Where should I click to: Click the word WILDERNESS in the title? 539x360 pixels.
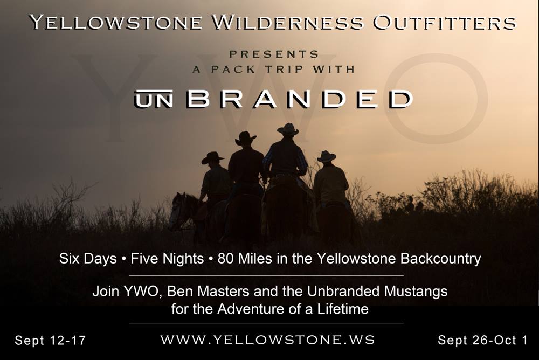coord(287,23)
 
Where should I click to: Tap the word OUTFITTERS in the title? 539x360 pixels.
coord(445,23)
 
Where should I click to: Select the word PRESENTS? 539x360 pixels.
coord(274,54)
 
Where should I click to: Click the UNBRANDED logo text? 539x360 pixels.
coord(274,99)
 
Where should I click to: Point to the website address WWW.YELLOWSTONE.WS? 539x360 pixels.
coord(268,340)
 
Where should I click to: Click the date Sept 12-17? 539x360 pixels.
coord(50,341)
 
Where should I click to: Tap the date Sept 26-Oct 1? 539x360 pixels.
coord(482,341)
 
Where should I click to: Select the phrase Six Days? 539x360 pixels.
coord(88,259)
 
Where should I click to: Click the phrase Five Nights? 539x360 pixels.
coord(167,259)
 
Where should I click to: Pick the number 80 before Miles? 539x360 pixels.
coord(225,259)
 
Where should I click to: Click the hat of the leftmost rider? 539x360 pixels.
coord(213,158)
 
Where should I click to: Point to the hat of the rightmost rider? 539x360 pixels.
coord(326,157)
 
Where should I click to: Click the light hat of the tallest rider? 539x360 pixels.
coord(288,129)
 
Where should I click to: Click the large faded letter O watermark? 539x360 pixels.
coord(436,98)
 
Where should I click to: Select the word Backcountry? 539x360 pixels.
coord(440,259)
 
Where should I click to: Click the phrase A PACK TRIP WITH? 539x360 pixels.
coord(274,70)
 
